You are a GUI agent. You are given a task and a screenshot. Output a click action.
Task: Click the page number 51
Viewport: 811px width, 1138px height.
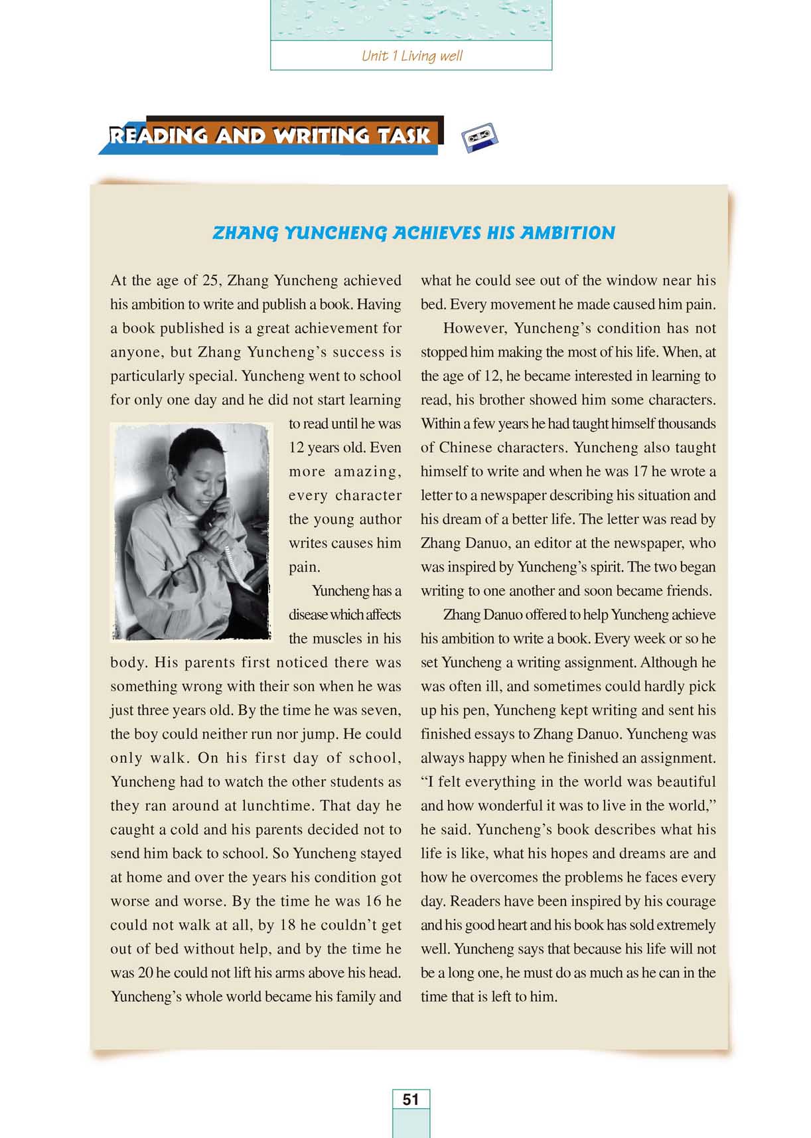click(411, 1099)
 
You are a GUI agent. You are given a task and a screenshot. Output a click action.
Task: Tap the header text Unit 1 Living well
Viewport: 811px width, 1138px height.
click(411, 56)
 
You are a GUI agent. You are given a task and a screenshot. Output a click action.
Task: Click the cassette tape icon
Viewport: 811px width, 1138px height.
click(479, 137)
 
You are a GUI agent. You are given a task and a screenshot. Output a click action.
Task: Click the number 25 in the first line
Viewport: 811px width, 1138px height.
click(210, 281)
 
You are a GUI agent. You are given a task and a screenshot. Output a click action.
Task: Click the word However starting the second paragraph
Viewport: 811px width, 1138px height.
click(475, 329)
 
